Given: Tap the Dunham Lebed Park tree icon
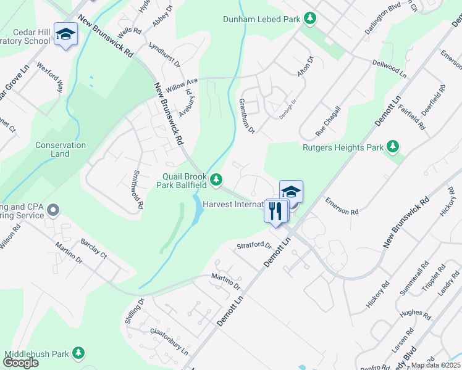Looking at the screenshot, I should pos(309,19).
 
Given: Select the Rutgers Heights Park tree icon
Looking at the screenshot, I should pos(392,147).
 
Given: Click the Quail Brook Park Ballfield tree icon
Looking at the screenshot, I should pos(216,179).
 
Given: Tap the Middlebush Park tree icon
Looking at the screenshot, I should pos(78,353).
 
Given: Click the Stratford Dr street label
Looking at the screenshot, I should pos(254,245).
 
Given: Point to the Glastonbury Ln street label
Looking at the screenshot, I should pos(169,340).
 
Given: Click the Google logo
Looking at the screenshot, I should pos(20,362).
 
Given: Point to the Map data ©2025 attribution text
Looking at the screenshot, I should pos(435,365).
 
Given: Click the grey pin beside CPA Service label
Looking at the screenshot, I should pos(53,211).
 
